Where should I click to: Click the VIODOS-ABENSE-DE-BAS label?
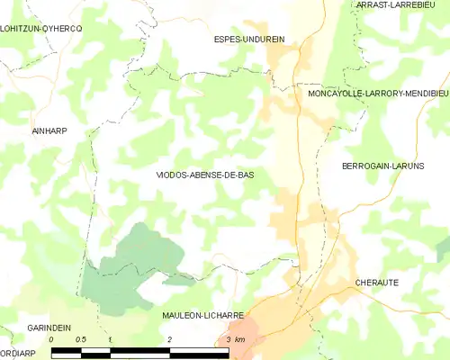tap(204, 175)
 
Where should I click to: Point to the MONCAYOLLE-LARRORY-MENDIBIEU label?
tap(378, 93)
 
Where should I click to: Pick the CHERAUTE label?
tap(377, 282)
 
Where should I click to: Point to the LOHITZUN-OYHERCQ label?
tap(41, 29)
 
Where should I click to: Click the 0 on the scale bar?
tap(51, 339)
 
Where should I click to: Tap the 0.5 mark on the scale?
tap(80, 339)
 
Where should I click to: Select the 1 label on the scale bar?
tap(109, 339)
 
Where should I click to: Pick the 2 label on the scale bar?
tap(169, 339)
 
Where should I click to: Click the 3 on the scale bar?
tap(229, 339)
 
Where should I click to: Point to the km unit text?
tap(239, 339)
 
